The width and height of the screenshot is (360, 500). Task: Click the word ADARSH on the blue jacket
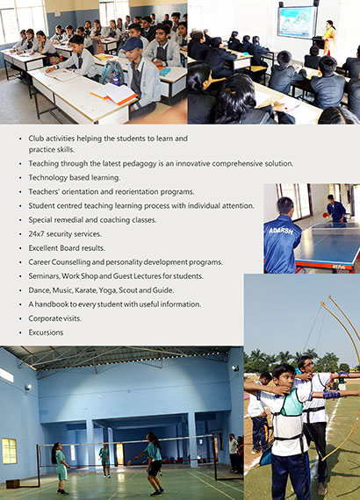(281, 231)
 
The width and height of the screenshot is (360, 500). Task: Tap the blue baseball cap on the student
(132, 44)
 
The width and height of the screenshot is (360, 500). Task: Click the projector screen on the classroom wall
(297, 22)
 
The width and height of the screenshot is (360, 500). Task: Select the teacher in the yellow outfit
(329, 38)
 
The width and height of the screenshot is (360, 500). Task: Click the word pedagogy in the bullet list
(130, 163)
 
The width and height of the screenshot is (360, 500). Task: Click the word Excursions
(46, 332)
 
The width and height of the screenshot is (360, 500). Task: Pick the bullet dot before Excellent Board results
(20, 248)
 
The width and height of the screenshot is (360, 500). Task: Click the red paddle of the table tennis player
(325, 215)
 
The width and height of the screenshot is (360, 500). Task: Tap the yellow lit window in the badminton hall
(10, 451)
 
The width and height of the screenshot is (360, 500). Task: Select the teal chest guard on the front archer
(292, 403)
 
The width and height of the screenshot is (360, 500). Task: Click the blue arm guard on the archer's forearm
(331, 395)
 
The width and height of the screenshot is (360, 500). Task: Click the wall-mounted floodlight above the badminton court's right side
(235, 368)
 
